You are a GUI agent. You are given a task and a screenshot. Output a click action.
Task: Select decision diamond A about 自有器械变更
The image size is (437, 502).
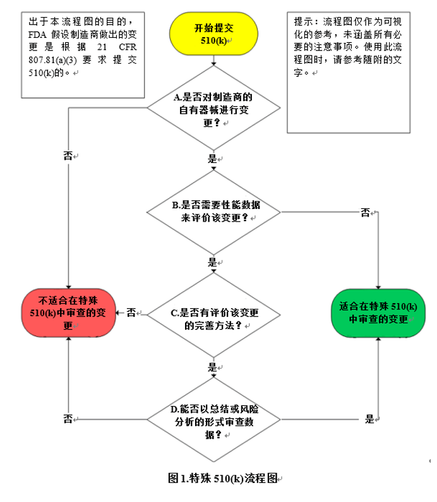click(x=213, y=108)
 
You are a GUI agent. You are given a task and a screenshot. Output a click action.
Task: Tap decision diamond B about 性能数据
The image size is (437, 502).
click(x=213, y=211)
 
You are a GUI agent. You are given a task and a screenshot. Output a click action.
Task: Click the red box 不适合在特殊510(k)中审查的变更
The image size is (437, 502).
click(x=68, y=313)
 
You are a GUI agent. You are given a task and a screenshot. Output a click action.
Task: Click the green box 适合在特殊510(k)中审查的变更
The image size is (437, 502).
click(x=378, y=313)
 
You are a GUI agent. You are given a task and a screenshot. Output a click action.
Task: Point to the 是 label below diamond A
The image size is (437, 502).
click(x=212, y=158)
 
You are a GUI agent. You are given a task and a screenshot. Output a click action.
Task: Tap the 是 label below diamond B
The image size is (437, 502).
click(x=212, y=261)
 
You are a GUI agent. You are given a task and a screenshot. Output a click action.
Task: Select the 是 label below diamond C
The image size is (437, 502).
click(x=212, y=366)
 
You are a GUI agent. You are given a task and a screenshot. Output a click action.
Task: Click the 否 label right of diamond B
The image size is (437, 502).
click(x=366, y=213)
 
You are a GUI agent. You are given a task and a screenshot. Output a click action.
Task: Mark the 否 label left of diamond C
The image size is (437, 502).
click(x=131, y=313)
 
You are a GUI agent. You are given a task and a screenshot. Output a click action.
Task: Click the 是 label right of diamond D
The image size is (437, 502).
click(x=369, y=419)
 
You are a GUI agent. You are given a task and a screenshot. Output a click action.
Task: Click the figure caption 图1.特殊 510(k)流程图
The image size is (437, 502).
click(x=223, y=478)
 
